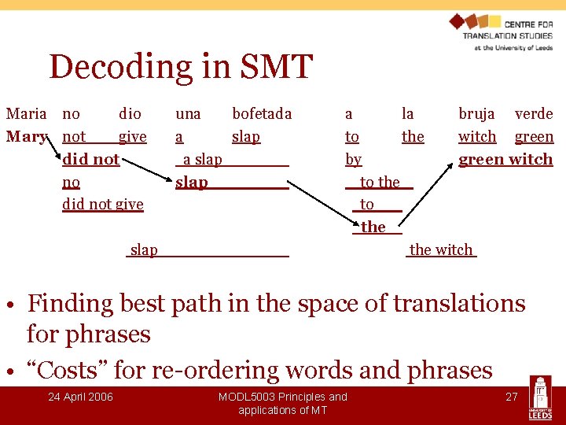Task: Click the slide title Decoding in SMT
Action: click(x=181, y=68)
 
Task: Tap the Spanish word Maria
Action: click(x=26, y=114)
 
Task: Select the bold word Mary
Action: click(x=26, y=137)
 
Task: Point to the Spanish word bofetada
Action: click(x=261, y=114)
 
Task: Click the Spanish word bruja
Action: click(x=476, y=114)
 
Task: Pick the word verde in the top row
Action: click(x=534, y=114)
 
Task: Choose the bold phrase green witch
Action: click(x=505, y=160)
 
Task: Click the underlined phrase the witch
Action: click(x=441, y=250)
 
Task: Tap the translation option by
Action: click(x=353, y=160)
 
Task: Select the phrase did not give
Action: click(x=102, y=205)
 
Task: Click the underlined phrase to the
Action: click(x=380, y=183)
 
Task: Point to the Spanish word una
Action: click(x=188, y=114)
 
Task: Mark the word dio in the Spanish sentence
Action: click(x=130, y=114)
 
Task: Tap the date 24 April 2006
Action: click(x=80, y=397)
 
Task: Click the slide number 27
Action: click(x=511, y=397)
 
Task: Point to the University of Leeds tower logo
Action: click(x=539, y=399)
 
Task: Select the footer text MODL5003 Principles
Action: click(x=282, y=397)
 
